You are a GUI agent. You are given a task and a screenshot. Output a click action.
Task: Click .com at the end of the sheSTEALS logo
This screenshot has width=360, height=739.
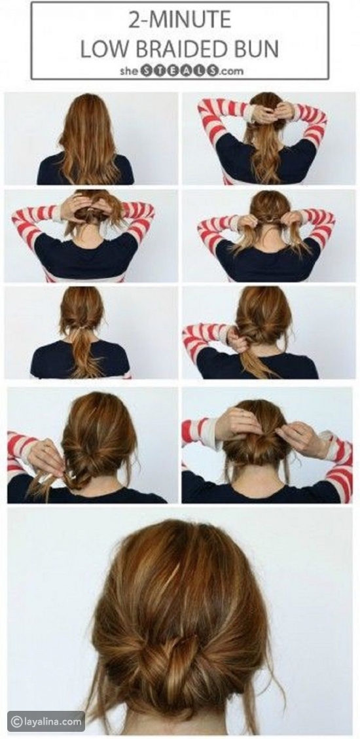click(231, 71)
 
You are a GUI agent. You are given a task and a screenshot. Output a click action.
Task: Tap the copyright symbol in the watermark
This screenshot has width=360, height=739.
click(16, 721)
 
